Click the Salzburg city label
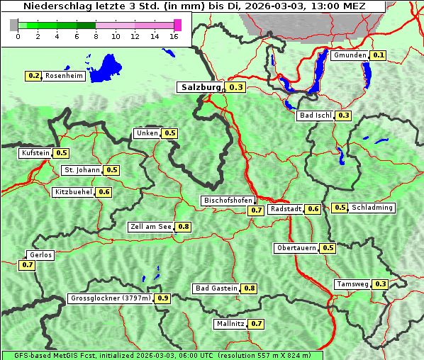(201, 87)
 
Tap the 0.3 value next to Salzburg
(236, 88)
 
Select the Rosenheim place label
(64, 75)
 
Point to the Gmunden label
(350, 55)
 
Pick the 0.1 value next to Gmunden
(379, 55)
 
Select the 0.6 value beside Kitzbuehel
(104, 192)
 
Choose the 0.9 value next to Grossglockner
(163, 298)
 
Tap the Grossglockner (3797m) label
(111, 298)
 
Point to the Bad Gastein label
(216, 288)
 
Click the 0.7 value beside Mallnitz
(257, 324)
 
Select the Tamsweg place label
(352, 284)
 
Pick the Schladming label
(372, 208)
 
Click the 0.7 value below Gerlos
(28, 265)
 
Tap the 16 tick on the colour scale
(174, 35)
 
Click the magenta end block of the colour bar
(177, 25)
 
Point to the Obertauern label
(296, 248)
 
